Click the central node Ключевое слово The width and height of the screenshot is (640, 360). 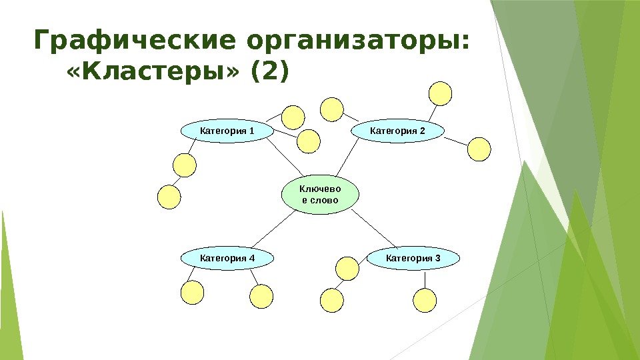point(320,195)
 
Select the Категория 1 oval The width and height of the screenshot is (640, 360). point(227,131)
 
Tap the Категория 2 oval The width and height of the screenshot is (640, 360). point(397,131)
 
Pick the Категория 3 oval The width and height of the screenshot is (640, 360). point(413,257)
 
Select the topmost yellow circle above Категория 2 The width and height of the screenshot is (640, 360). point(440,93)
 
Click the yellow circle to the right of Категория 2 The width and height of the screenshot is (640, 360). point(479,149)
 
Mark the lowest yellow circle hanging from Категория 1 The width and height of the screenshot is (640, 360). point(169,197)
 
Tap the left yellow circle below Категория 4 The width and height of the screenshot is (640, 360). point(192,292)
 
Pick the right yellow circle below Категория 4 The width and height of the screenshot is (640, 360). point(262,296)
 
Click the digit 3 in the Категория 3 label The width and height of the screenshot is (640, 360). point(437,257)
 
